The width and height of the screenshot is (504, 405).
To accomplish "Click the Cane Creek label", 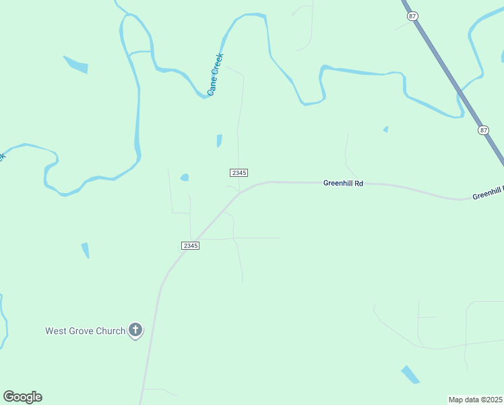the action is tap(215, 74).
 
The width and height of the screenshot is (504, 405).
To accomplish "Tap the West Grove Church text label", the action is tap(85, 331).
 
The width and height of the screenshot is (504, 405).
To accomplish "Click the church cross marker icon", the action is tap(135, 330).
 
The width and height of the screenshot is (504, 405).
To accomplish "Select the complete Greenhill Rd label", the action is tap(343, 183).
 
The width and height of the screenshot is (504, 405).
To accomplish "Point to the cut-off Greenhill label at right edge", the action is tap(488, 194).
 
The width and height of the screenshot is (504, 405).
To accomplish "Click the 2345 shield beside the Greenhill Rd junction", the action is tap(239, 173).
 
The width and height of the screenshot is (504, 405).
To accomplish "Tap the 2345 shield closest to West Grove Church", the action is tap(190, 245).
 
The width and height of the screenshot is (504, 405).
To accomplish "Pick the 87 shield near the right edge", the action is tap(484, 130).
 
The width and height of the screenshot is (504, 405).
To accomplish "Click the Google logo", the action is tap(22, 397).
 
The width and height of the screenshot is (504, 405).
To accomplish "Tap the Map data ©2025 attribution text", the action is tap(476, 400).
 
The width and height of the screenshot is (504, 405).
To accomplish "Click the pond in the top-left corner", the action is tap(76, 64).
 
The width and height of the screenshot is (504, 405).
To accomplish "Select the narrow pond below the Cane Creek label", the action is tap(219, 140).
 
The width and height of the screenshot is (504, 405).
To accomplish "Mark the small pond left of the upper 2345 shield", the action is tap(184, 178).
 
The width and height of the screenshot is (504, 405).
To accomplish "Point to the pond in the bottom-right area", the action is tap(410, 374).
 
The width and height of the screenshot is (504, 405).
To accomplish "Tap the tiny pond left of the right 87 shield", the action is tap(385, 129).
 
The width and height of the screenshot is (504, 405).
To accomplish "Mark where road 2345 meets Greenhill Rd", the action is tap(239, 192).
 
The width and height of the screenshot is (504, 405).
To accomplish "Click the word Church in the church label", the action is tap(111, 331).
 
